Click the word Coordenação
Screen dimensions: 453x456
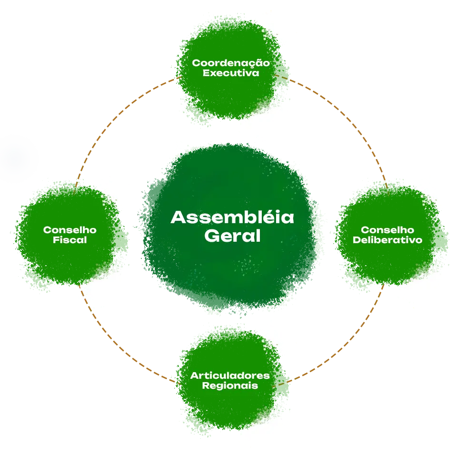230,63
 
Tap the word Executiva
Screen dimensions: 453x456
231,73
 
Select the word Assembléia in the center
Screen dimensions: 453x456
232,217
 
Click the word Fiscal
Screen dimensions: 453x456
70,240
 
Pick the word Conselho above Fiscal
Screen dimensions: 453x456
70,230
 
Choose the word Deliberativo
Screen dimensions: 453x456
387,240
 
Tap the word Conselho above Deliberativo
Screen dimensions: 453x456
387,230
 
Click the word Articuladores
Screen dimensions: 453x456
230,375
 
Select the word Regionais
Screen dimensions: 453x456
230,385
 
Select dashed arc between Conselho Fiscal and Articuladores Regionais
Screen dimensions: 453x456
88,305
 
